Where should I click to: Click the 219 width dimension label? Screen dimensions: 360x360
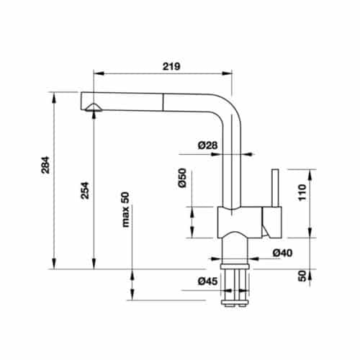(170, 66)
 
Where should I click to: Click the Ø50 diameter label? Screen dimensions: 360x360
(183, 179)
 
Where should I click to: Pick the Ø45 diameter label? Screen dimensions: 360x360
(209, 282)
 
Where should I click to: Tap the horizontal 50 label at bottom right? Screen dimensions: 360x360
(302, 276)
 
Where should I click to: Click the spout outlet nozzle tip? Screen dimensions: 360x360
(93, 108)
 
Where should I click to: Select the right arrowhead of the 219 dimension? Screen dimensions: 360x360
(233, 73)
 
